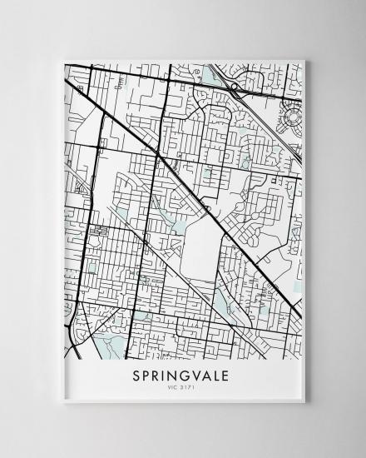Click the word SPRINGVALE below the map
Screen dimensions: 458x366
(183, 376)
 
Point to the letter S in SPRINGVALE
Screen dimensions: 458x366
(137, 376)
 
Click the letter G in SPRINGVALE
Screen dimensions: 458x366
(181, 376)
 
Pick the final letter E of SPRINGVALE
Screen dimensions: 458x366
(229, 376)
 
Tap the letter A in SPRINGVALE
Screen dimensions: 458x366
(205, 376)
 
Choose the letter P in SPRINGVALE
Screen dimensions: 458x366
(148, 376)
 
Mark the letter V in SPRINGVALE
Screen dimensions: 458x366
(194, 376)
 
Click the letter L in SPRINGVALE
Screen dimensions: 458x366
(217, 376)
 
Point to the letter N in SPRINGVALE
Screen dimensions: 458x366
(169, 376)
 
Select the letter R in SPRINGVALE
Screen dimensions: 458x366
(158, 376)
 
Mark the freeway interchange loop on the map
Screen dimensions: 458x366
(236, 87)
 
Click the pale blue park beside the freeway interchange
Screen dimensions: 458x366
(214, 79)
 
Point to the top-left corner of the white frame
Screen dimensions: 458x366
(62, 59)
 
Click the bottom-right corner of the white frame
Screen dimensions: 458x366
(305, 402)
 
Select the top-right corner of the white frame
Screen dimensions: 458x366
(305, 59)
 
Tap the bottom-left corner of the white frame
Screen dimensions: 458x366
(62, 402)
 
